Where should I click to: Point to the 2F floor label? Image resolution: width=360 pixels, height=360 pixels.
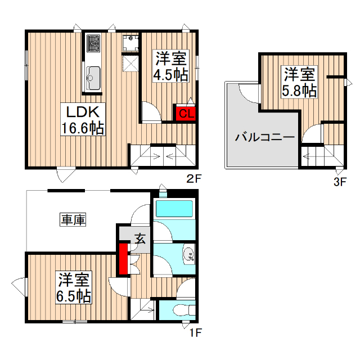pyautogui.click(x=194, y=180)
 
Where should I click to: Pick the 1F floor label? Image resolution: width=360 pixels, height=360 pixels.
pyautogui.click(x=194, y=332)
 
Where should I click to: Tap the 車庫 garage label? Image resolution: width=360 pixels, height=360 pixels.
pyautogui.click(x=73, y=220)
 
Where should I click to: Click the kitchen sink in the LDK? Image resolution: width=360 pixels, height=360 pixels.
pyautogui.click(x=93, y=75)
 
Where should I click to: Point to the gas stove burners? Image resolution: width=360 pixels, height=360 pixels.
pyautogui.click(x=93, y=43)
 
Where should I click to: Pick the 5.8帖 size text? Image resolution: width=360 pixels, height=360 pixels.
pyautogui.click(x=299, y=90)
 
